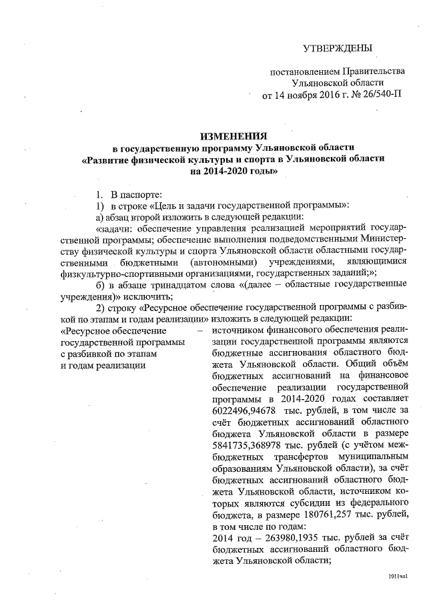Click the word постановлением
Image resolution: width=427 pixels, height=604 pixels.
tap(304, 71)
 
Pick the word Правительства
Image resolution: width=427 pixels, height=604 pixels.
tap(374, 71)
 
